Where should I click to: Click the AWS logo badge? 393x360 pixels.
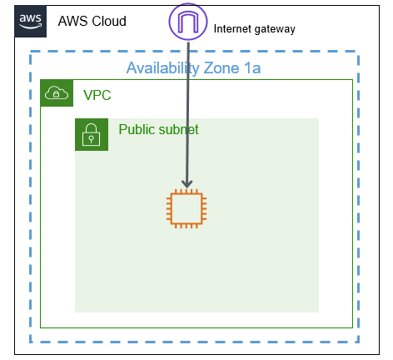[31, 22]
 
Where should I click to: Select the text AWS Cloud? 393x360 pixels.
[92, 21]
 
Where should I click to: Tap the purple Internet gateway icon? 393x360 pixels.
[188, 22]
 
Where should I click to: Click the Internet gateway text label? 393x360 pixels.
[254, 29]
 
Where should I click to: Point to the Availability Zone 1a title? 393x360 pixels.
[193, 68]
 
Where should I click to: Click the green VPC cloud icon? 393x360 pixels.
[57, 92]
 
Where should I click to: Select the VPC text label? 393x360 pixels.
[97, 95]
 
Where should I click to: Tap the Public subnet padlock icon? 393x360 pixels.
[92, 135]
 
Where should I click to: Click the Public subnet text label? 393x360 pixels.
[158, 129]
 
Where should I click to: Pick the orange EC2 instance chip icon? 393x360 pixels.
[187, 208]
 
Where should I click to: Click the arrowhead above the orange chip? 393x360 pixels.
[187, 184]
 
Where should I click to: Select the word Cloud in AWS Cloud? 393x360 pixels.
[109, 21]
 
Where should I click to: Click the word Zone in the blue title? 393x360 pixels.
[221, 68]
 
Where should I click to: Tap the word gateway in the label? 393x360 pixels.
[275, 29]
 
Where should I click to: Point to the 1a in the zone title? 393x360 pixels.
[252, 68]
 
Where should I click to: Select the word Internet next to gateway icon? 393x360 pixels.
[232, 28]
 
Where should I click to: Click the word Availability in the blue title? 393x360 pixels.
[163, 68]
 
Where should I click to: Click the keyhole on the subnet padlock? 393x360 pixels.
[91, 139]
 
